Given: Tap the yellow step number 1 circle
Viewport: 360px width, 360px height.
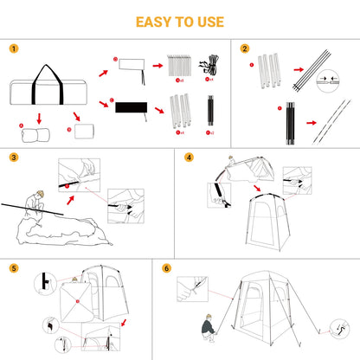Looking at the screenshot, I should (x=12, y=48).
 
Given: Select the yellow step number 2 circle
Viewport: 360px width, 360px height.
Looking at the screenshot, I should (x=245, y=48).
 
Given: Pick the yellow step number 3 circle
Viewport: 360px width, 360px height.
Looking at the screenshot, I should (x=12, y=158).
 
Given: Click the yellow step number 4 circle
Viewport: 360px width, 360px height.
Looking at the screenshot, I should (x=190, y=158).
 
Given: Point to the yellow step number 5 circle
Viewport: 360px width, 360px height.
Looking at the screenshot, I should (x=12, y=268).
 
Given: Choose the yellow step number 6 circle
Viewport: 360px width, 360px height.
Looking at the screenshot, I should (x=166, y=268).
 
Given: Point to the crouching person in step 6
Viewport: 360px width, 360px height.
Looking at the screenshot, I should (x=210, y=327).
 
